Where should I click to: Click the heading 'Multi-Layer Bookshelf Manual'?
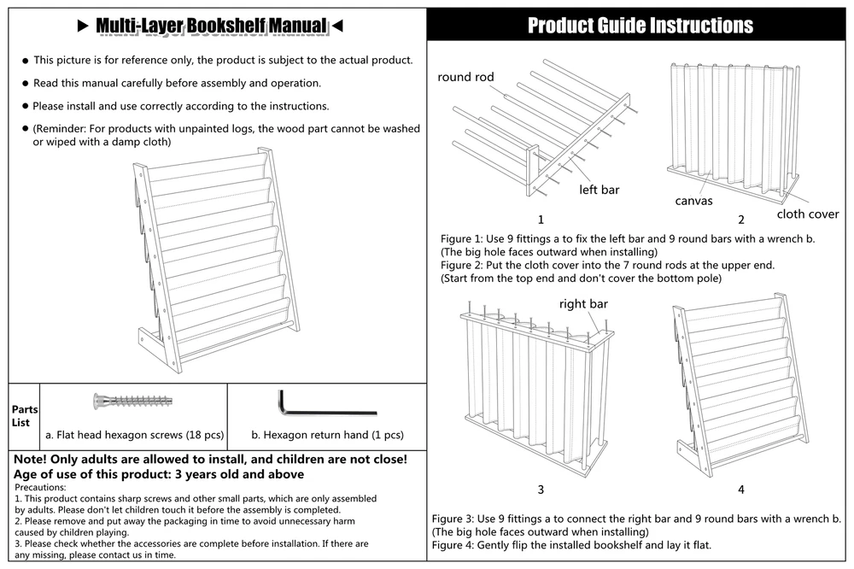point(211,26)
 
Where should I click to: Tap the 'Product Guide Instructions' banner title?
point(640,25)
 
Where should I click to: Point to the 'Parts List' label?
point(21,416)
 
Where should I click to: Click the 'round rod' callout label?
point(466,77)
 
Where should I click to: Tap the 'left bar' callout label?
point(599,190)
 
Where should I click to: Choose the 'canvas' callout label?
point(693,201)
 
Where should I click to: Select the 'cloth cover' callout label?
point(808,214)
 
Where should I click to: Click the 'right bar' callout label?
point(584,303)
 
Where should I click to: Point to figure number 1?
point(541,220)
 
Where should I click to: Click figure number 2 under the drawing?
point(741,220)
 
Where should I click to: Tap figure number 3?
point(541,490)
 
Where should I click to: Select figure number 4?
point(741,490)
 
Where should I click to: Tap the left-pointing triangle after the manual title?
point(336,26)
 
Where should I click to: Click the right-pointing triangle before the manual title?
point(83,26)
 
